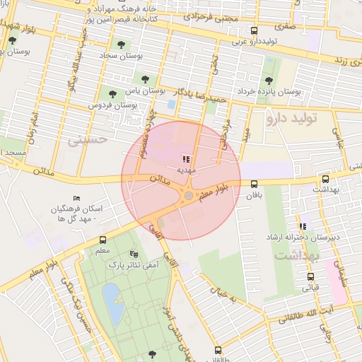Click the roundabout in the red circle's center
[x=189, y=196]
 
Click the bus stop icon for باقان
[x=254, y=184]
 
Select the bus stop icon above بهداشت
[x=325, y=180]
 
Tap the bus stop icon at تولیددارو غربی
[x=255, y=30]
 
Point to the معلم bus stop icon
[x=103, y=240]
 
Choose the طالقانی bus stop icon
[x=217, y=350]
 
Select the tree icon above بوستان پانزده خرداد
[x=268, y=80]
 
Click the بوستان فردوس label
[x=112, y=105]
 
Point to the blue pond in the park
[x=112, y=295]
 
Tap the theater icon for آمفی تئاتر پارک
[x=134, y=254]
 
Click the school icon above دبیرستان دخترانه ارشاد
[x=303, y=226]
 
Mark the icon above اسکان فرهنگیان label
[x=77, y=198]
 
